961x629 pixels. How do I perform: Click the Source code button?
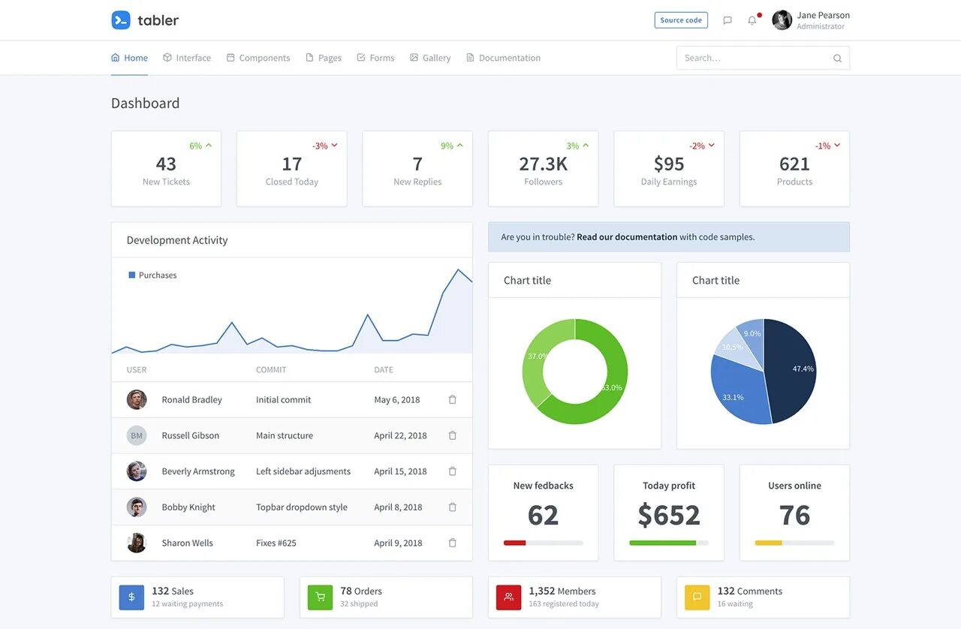click(681, 20)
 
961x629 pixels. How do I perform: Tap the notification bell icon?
click(752, 20)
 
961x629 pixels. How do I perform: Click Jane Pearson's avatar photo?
click(782, 20)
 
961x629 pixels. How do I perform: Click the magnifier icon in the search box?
click(837, 59)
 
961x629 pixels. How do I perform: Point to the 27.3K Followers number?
click(543, 164)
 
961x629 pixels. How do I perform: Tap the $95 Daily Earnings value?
click(669, 164)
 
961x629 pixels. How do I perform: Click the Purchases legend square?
click(132, 275)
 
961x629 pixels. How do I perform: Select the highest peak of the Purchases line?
click(457, 269)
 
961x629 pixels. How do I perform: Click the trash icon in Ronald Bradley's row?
click(452, 400)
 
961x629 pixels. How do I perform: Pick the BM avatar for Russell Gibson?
click(137, 435)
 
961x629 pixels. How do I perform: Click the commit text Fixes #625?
click(276, 543)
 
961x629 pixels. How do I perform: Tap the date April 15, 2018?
click(400, 471)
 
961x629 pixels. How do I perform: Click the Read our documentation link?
click(627, 237)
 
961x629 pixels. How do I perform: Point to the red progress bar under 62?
click(515, 543)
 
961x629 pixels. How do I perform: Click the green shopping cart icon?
click(320, 597)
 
